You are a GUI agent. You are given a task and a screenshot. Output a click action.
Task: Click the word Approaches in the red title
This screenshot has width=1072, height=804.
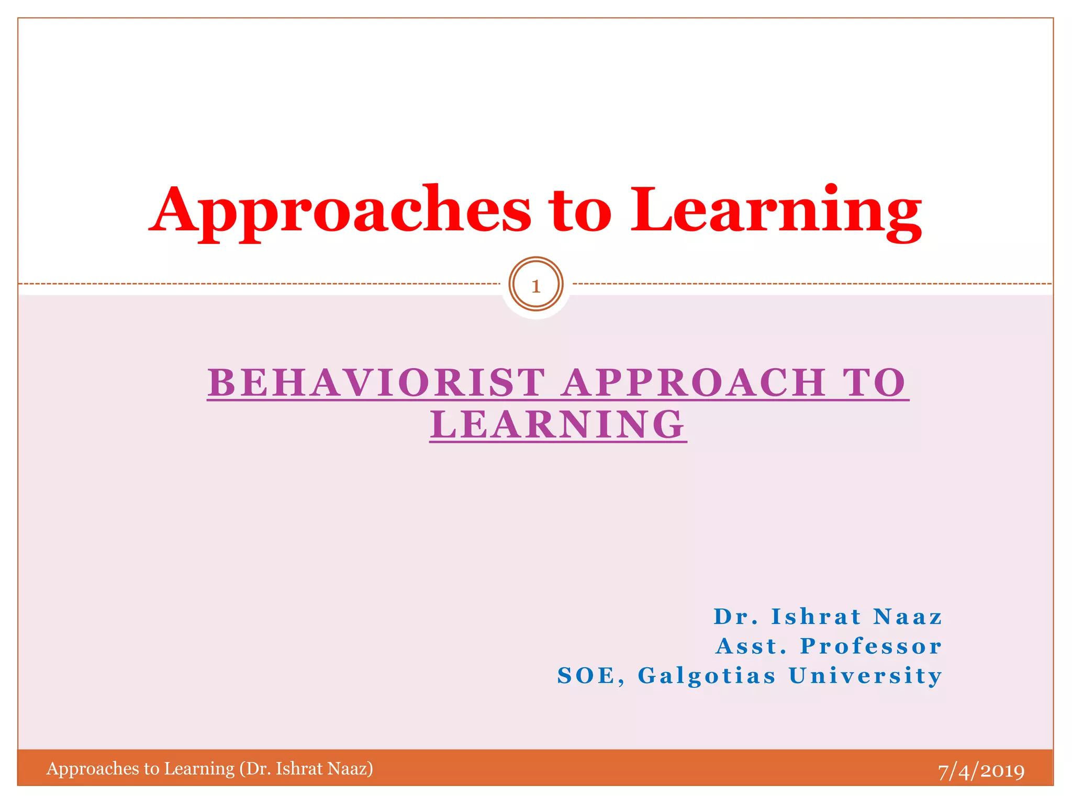340,210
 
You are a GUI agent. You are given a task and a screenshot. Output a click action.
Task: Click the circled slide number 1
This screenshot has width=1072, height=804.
535,286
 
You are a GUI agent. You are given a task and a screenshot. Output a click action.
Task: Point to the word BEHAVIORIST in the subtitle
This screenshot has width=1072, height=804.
376,383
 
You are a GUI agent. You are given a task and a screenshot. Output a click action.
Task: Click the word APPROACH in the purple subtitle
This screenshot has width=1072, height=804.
694,383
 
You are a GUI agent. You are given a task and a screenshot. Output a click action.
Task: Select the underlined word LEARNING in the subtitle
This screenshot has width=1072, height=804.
558,425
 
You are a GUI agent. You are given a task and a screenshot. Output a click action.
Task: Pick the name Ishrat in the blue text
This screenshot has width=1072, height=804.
816,617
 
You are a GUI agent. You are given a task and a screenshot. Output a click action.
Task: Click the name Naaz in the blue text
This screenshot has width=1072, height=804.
908,617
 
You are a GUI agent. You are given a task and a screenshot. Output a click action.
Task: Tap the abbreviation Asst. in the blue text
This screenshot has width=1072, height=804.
752,646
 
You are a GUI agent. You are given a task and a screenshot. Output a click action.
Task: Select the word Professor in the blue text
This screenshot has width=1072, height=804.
871,646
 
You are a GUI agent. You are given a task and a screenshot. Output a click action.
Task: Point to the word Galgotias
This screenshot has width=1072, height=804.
707,676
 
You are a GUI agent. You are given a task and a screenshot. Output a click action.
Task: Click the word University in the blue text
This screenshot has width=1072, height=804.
865,676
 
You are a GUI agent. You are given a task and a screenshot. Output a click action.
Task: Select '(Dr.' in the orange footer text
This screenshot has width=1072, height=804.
255,768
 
